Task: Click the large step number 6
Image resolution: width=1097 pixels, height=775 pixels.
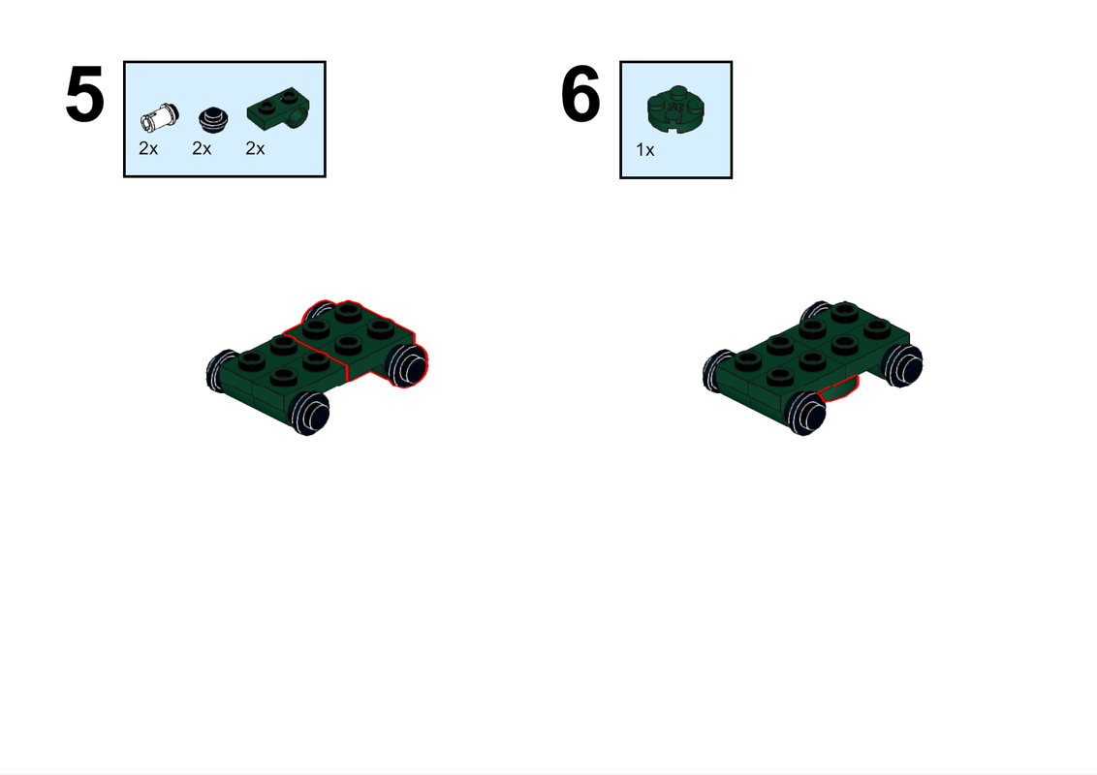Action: click(581, 95)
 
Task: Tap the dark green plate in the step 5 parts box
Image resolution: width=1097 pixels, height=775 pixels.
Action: click(276, 112)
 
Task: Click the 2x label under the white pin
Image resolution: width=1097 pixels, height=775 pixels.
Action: click(147, 148)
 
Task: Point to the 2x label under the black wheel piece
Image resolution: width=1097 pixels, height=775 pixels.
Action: click(202, 148)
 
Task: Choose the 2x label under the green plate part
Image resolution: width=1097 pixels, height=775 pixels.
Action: click(255, 148)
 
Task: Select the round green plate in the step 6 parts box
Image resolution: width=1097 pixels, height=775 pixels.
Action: click(675, 108)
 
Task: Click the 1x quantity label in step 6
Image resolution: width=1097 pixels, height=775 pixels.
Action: click(645, 150)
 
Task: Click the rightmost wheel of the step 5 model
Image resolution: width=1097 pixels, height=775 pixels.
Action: click(408, 365)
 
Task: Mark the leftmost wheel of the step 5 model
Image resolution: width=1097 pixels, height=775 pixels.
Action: click(221, 369)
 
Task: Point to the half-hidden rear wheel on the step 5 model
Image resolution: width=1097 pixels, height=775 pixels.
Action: click(317, 312)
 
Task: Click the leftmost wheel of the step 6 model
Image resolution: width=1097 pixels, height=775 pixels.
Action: click(715, 371)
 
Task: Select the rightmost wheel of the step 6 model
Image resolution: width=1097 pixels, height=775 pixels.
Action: click(903, 367)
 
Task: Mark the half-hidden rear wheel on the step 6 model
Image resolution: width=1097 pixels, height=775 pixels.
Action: click(812, 312)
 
